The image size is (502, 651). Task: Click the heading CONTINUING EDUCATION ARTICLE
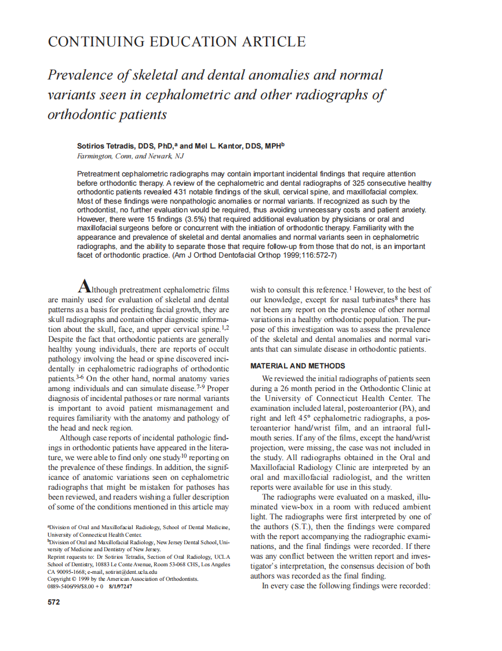[176, 42]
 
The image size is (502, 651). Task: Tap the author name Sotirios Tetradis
[107, 147]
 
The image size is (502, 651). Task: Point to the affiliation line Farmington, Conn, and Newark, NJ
[126, 156]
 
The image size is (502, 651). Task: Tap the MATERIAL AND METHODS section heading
[297, 366]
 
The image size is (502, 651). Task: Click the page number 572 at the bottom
[54, 602]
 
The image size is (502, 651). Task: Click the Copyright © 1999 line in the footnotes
[123, 578]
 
